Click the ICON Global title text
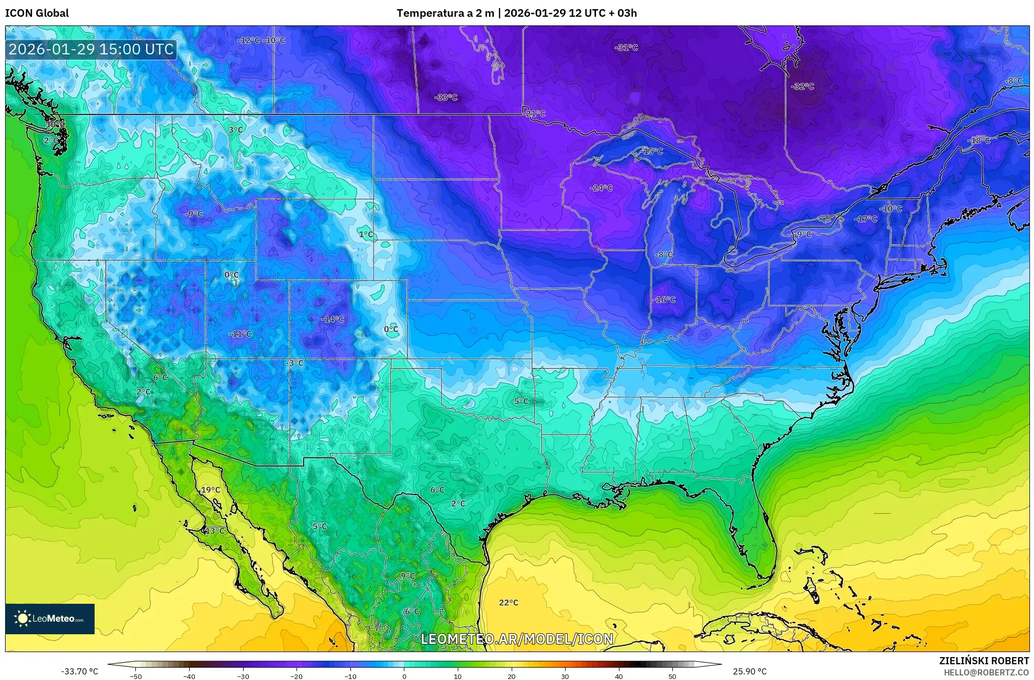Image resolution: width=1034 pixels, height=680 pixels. [37, 13]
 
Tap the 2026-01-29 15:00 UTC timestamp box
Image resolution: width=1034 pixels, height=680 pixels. [92, 49]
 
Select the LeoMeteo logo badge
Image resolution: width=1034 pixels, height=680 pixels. [50, 619]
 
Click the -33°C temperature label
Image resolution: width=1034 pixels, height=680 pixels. [446, 98]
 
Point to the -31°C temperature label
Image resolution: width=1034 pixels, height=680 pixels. [626, 48]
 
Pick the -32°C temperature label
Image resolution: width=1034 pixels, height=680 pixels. [803, 87]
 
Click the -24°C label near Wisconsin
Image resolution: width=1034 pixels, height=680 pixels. [601, 188]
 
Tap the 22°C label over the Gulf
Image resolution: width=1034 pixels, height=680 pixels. [509, 603]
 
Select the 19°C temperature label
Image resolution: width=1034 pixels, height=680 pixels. [211, 490]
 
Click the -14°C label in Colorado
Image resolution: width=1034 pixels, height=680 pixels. [333, 320]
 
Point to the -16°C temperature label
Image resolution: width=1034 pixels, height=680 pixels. [664, 300]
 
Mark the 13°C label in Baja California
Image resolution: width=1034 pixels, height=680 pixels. [214, 531]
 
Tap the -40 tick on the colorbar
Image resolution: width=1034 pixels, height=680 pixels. [189, 676]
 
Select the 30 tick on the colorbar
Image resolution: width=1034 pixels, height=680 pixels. [565, 676]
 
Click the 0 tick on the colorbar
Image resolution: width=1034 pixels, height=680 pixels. [404, 676]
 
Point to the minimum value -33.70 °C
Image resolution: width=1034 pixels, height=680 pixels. [79, 671]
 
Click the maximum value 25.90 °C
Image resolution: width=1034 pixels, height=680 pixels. [750, 671]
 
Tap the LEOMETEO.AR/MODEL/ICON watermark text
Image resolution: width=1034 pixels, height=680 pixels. [517, 639]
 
